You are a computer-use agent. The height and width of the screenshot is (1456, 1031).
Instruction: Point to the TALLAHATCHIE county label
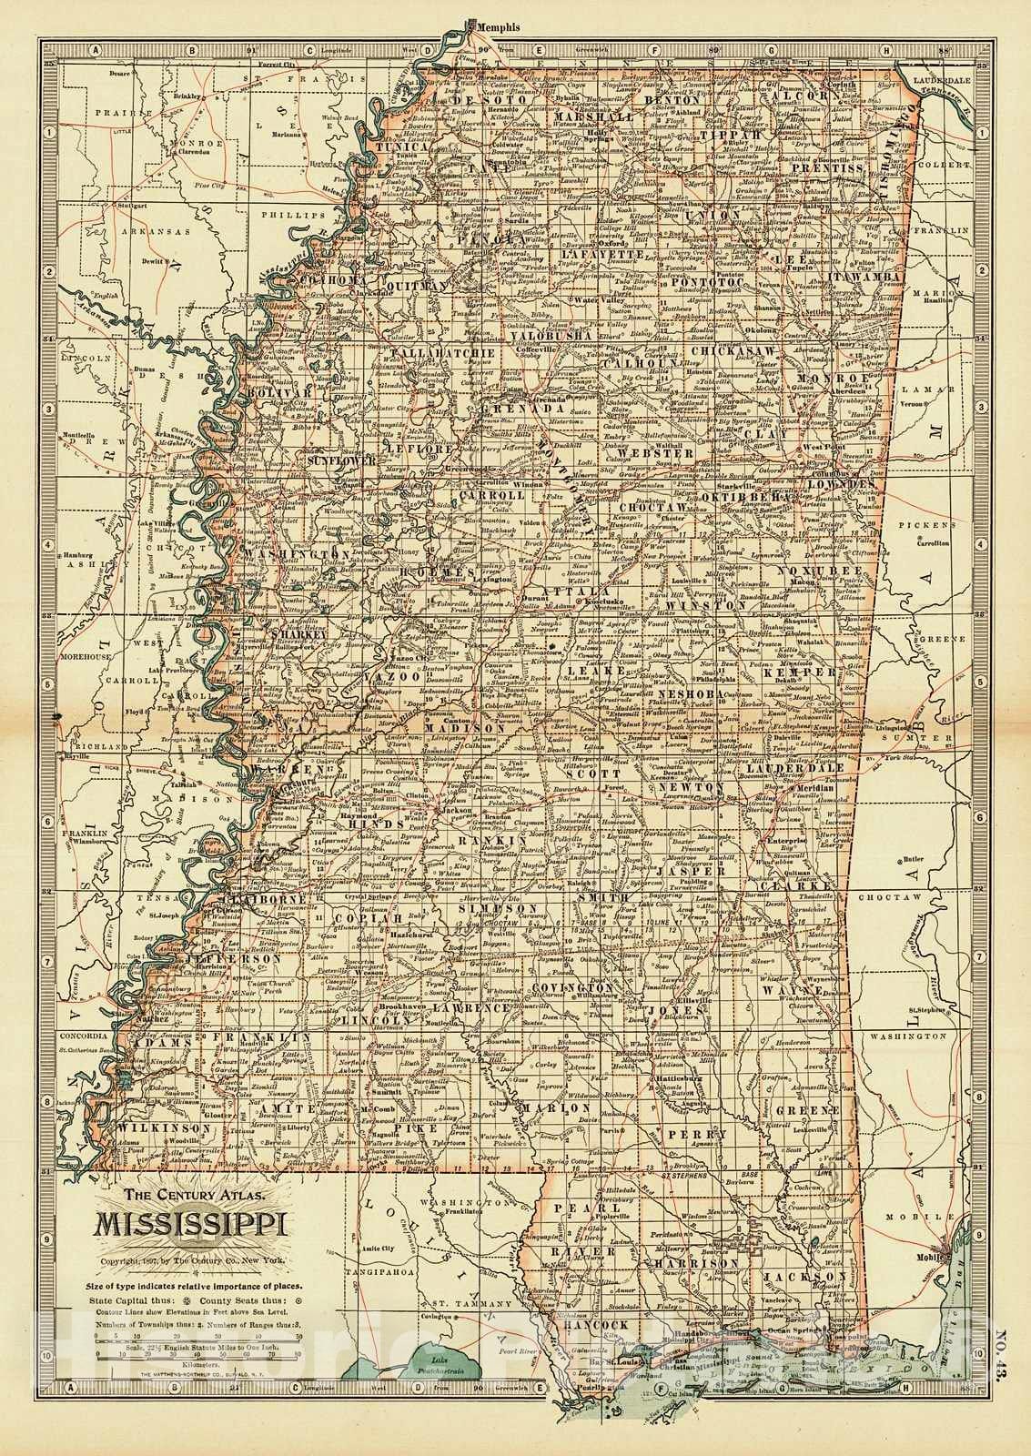click(x=417, y=350)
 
